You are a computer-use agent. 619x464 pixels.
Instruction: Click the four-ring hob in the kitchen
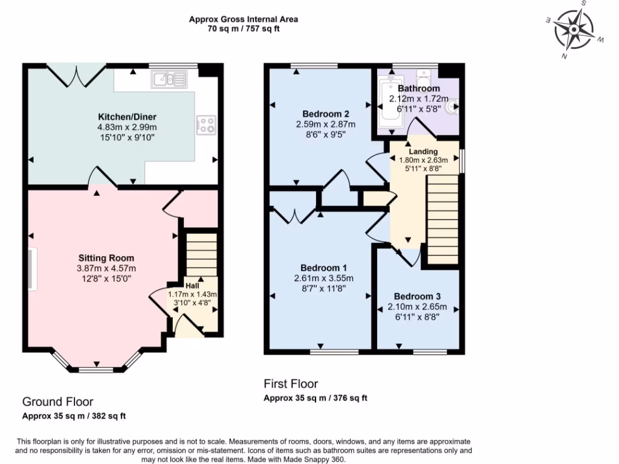pos(206,125)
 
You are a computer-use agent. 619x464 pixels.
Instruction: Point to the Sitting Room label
pos(106,258)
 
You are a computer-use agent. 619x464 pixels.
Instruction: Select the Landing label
pos(423,151)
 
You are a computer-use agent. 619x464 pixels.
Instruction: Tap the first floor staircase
pos(442,221)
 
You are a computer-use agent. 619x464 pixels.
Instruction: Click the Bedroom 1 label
pos(323,268)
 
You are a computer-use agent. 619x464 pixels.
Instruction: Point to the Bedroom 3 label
pos(417,296)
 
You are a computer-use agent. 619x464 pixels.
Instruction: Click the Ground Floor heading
pos(57,402)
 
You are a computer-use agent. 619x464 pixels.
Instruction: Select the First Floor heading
pos(290,384)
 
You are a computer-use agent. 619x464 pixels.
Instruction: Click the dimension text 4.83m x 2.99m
pos(127,127)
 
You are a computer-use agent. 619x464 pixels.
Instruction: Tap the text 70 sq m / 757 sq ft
pos(244,28)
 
